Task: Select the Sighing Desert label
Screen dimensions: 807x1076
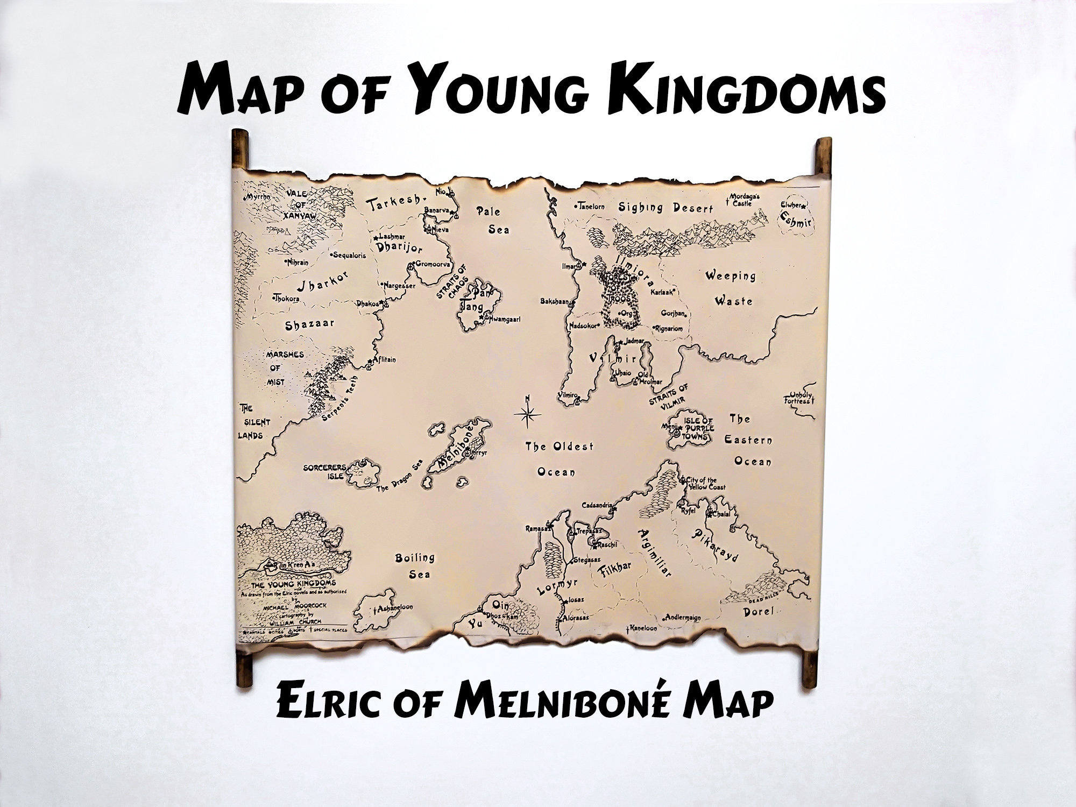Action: pyautogui.click(x=665, y=208)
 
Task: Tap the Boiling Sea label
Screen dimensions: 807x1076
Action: pyautogui.click(x=415, y=566)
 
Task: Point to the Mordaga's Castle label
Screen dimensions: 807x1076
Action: pyautogui.click(x=744, y=200)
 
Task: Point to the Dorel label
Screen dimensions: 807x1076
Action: pyautogui.click(x=758, y=611)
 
